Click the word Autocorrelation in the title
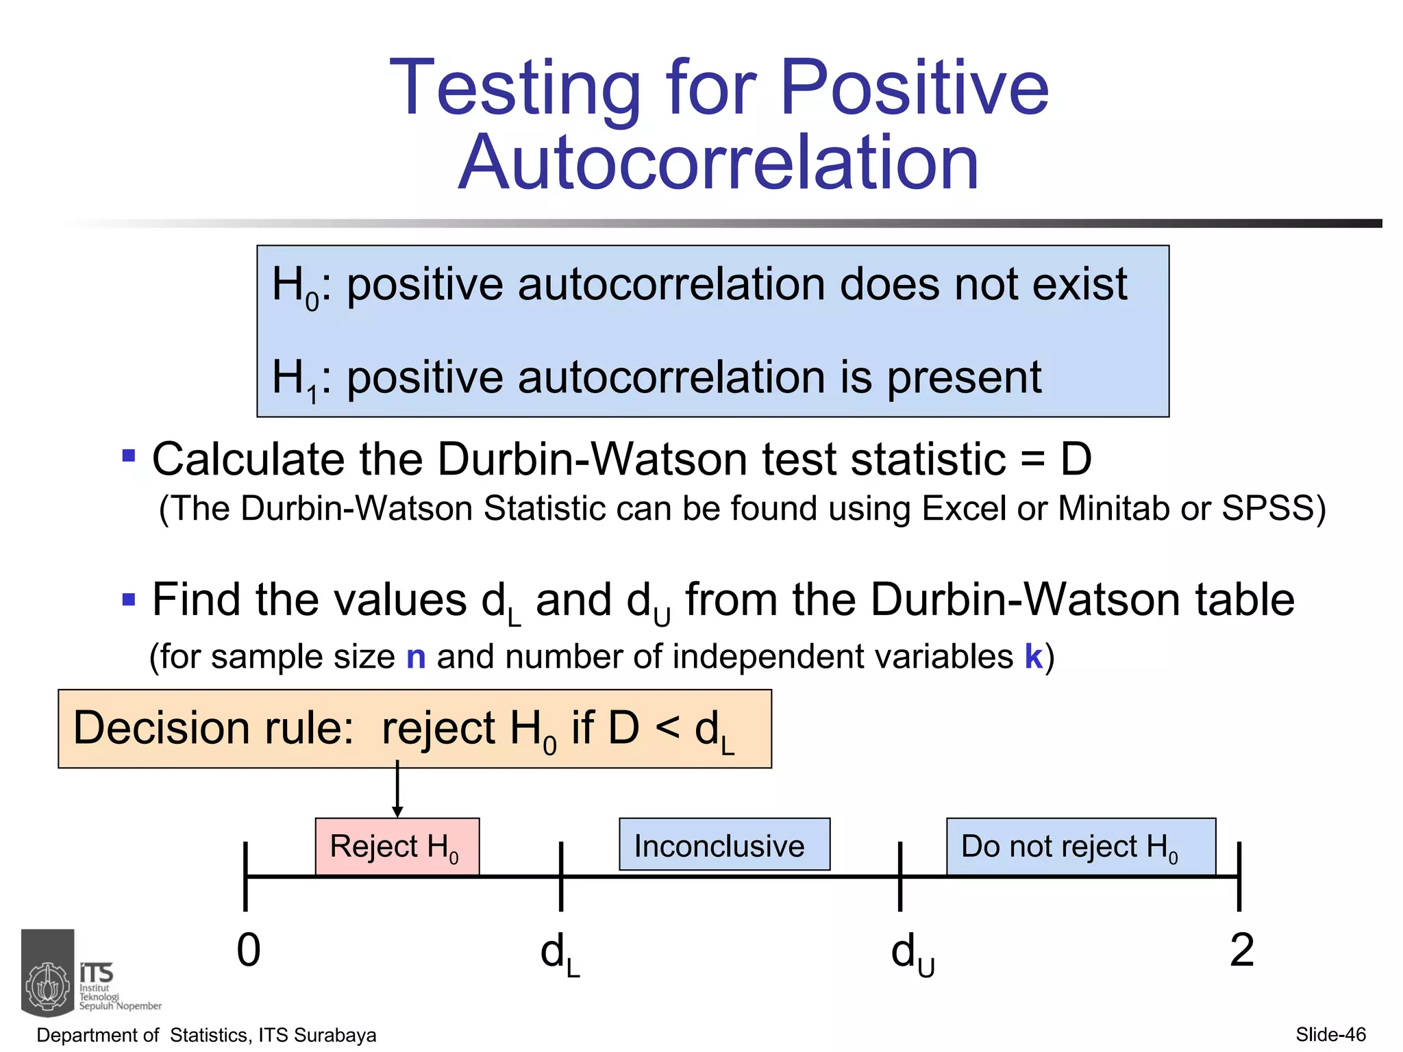pyautogui.click(x=719, y=163)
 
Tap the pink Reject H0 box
pyautogui.click(x=397, y=847)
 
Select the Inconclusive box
pyautogui.click(x=724, y=845)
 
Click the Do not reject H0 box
pyautogui.click(x=1080, y=847)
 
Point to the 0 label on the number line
pyautogui.click(x=249, y=951)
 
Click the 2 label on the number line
pyautogui.click(x=1241, y=951)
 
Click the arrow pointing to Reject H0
pyautogui.click(x=397, y=791)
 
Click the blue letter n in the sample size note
pyautogui.click(x=416, y=657)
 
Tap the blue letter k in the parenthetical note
pyautogui.click(x=1034, y=657)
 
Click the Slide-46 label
pyautogui.click(x=1330, y=1035)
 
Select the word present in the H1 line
pyautogui.click(x=964, y=377)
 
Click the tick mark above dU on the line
pyautogui.click(x=900, y=876)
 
